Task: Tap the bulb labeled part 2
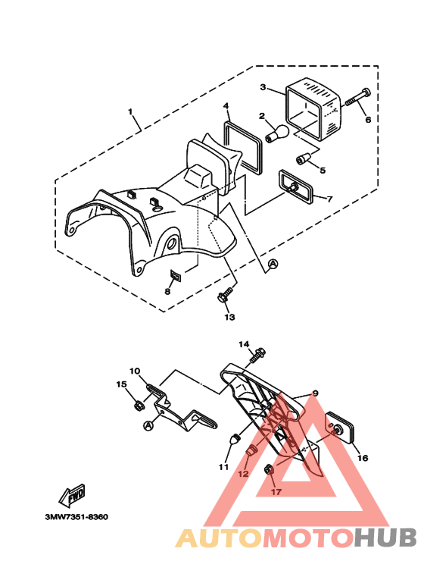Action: (276, 134)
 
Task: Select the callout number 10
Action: (134, 371)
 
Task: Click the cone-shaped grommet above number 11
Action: (235, 440)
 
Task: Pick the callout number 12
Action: (242, 474)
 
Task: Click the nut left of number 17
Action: (270, 472)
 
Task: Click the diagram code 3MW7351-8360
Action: (76, 517)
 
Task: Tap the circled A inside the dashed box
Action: (273, 263)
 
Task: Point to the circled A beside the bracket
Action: (147, 425)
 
